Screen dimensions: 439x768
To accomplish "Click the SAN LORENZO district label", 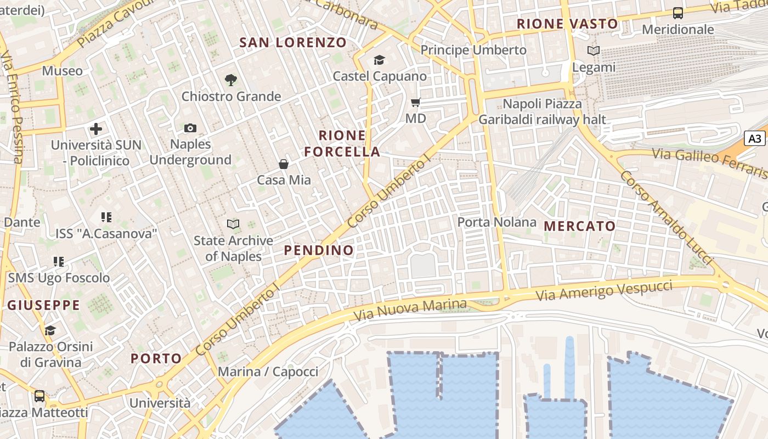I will click(293, 42).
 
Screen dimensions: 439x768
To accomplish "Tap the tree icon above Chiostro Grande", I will click(231, 80).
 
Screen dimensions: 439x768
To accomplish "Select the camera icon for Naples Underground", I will click(190, 128).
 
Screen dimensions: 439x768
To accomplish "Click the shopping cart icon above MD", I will click(415, 102).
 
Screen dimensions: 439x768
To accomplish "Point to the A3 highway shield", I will click(755, 138).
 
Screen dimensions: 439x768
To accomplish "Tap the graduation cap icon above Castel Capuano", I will click(379, 60).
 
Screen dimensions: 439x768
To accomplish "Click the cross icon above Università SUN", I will click(96, 129).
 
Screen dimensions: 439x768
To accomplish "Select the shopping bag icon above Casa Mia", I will click(284, 164).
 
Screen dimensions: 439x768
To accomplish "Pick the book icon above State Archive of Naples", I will click(233, 224).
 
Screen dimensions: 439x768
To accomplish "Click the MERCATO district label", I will click(580, 226).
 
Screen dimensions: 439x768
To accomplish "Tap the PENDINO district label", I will click(319, 250).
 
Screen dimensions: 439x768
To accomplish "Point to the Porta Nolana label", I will click(496, 222).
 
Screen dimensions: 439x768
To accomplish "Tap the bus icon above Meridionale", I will click(678, 13).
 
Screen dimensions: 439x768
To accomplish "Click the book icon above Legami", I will click(594, 51).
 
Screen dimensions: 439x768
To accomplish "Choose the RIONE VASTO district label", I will click(567, 24).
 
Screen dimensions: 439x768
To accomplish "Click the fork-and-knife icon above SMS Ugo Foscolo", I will click(59, 262).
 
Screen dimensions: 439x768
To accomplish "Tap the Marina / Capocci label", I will click(268, 372).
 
